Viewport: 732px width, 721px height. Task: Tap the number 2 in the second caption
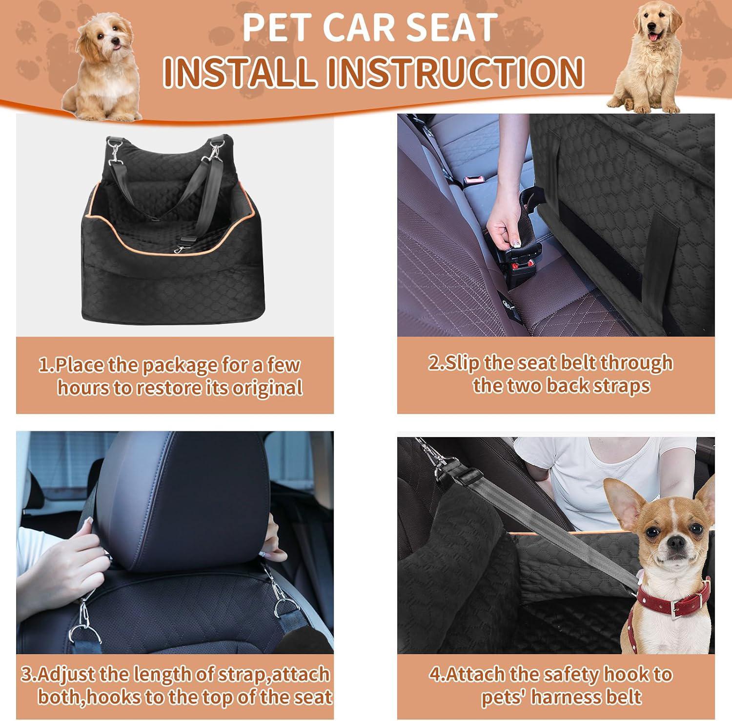click(434, 363)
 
